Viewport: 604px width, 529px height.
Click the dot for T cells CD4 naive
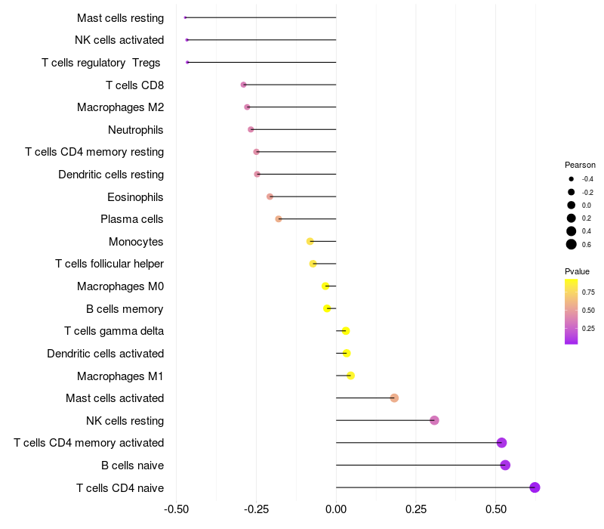coord(535,487)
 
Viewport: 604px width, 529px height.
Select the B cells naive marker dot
coord(505,465)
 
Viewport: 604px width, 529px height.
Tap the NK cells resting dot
coord(434,420)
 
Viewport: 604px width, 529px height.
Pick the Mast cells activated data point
coord(394,398)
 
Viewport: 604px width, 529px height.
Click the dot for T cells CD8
coord(243,85)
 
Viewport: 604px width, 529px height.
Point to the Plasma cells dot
coord(279,219)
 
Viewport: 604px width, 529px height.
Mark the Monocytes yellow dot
coord(310,241)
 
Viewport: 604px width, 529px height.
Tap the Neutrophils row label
coord(136,130)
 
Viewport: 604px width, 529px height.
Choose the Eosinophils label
coord(136,197)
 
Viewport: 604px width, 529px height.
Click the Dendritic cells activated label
coord(105,354)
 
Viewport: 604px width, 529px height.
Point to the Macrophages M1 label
coord(120,376)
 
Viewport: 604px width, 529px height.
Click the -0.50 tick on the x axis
coord(176,509)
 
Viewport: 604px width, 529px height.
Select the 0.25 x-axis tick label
coord(416,509)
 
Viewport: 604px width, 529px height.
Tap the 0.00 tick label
coord(336,509)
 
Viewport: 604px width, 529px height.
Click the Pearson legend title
coord(580,165)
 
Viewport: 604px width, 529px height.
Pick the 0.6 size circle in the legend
coord(572,244)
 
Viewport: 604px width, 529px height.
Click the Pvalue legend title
coord(577,271)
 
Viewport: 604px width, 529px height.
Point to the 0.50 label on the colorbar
coord(588,310)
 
